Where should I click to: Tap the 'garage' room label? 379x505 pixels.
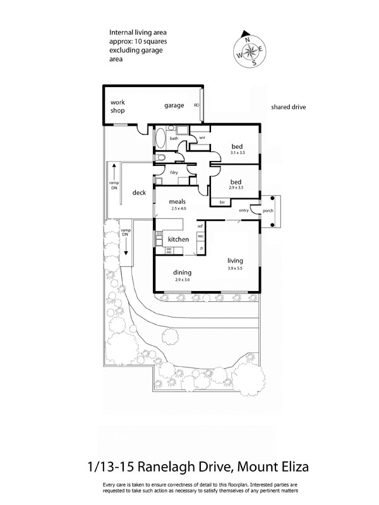click(x=174, y=105)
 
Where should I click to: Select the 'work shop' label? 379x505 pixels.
click(x=117, y=105)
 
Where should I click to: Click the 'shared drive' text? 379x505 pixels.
click(x=288, y=107)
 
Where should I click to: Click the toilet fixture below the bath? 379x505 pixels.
click(x=160, y=158)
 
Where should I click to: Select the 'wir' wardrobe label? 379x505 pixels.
click(x=203, y=137)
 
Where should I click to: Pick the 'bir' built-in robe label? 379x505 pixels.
click(x=222, y=202)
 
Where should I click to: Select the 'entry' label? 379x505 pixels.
click(x=243, y=210)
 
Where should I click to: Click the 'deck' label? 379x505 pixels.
click(x=140, y=193)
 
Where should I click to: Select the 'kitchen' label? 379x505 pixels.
click(x=178, y=239)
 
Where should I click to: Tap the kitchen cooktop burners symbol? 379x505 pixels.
click(x=169, y=251)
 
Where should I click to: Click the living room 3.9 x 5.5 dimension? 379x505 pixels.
click(x=235, y=268)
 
